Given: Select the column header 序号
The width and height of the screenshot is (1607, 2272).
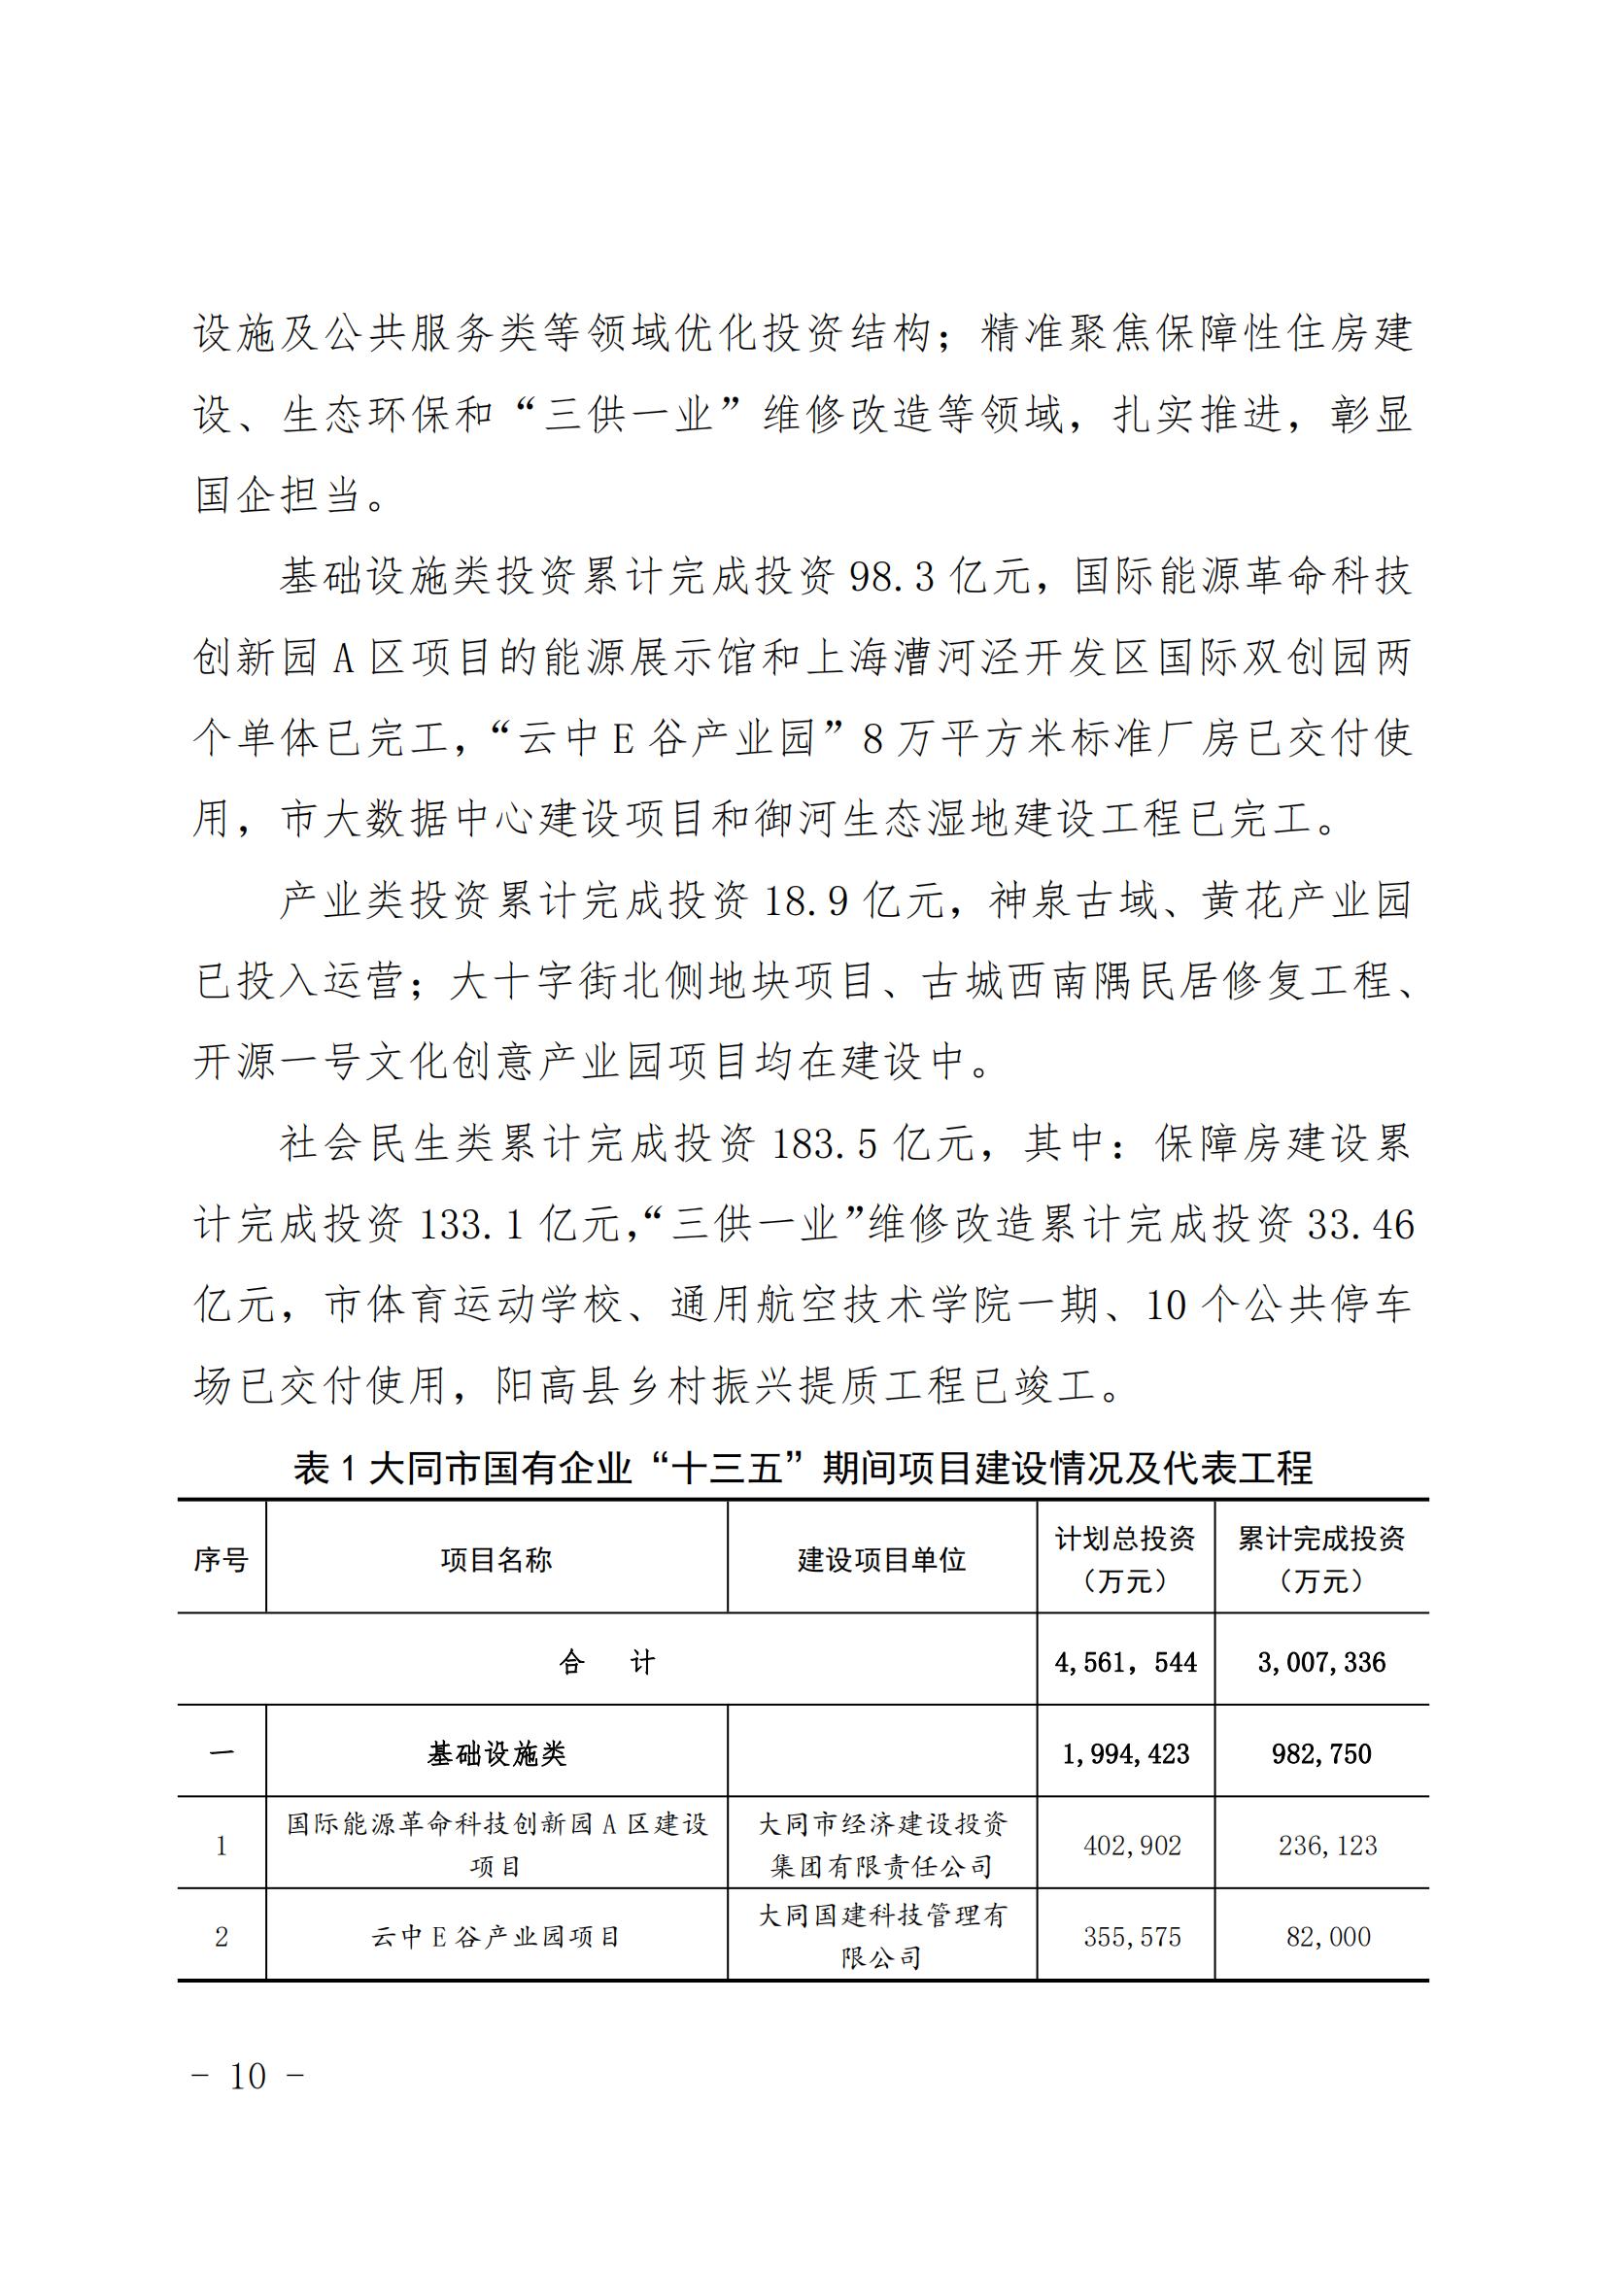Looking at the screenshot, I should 221,1561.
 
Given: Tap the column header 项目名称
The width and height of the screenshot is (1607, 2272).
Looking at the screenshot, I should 496,1561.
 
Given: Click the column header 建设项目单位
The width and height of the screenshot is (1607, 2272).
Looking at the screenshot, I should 881,1561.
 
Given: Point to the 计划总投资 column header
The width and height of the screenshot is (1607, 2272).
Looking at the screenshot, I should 1125,1560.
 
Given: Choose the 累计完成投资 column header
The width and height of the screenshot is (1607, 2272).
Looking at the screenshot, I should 1321,1560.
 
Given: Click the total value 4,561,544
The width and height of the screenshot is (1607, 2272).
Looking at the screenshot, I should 1125,1662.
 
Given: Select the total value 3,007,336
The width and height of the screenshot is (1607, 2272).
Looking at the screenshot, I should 1321,1662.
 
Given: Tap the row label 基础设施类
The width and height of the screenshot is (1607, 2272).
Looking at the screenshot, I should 496,1754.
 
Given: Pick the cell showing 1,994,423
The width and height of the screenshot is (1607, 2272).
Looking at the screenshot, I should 1125,1754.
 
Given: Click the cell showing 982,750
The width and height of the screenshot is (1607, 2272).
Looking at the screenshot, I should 1321,1754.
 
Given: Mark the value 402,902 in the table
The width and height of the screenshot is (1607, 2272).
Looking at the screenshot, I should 1132,1846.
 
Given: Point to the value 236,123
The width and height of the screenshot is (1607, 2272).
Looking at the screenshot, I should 1327,1846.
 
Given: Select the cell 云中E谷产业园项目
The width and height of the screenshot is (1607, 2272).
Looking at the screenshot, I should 496,1937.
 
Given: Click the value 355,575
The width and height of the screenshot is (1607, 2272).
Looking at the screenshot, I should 1132,1937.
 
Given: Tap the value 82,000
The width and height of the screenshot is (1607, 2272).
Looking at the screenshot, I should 1328,1937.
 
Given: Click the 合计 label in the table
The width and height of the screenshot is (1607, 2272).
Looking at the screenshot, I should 606,1662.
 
